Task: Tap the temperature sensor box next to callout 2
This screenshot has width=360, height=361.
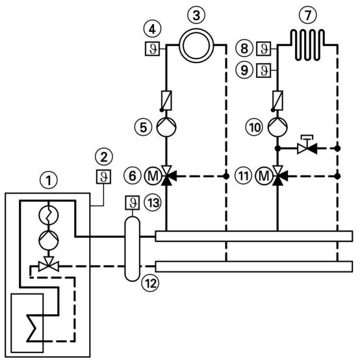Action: tap(101, 176)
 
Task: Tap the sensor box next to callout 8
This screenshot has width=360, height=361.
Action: tap(264, 47)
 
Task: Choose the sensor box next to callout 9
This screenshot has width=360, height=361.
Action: tap(264, 69)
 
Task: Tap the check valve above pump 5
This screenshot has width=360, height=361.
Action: tap(166, 101)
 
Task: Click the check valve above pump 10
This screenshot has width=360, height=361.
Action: tap(277, 101)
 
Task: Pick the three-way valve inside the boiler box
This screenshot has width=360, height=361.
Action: tap(46, 265)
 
